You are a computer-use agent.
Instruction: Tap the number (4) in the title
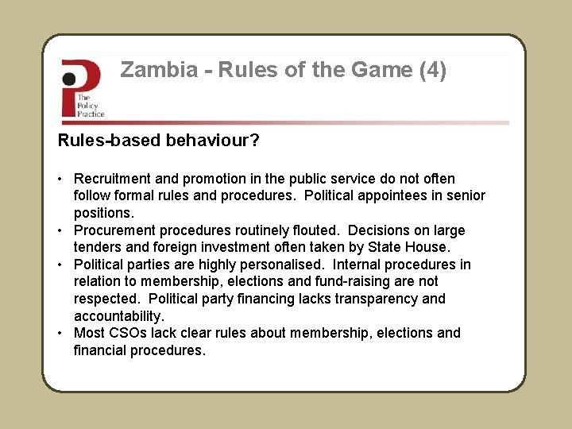tap(432, 71)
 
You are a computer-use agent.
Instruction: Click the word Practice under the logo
tap(91, 114)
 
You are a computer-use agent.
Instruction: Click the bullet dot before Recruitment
tap(61, 179)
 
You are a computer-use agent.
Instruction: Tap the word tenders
tap(99, 248)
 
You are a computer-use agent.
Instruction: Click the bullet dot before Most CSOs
tap(61, 333)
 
